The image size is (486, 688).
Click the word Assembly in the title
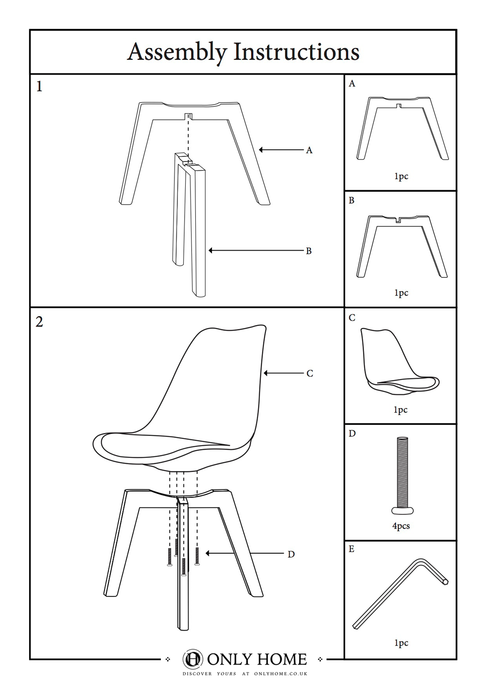tap(177, 52)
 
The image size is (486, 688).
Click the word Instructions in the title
tap(296, 51)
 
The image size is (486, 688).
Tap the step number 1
tap(39, 86)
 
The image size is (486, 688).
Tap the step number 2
tap(39, 322)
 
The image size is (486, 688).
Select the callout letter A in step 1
tap(309, 150)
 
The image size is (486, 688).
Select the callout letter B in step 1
tap(309, 251)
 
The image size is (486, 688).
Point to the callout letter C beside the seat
tap(310, 374)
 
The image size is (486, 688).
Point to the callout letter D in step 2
tap(291, 554)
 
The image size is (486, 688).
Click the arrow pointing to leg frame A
tap(281, 150)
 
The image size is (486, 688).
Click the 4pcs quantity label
tap(401, 526)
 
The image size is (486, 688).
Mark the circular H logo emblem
tap(192, 659)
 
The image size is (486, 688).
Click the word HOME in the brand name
tap(281, 659)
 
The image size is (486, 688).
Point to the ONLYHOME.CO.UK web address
tap(280, 673)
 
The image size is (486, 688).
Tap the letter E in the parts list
tap(351, 549)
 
